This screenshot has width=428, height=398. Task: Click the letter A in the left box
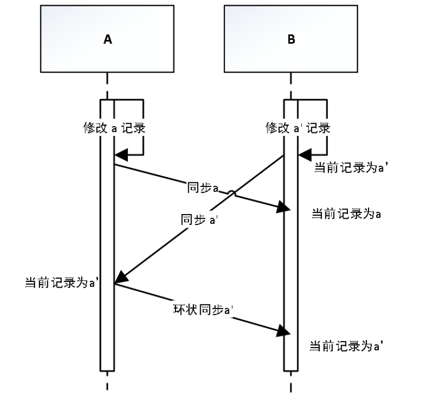[x=107, y=40]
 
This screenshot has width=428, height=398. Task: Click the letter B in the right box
[x=291, y=40]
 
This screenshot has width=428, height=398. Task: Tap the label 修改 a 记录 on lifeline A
[x=114, y=128]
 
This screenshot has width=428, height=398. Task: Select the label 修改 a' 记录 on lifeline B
[x=297, y=128]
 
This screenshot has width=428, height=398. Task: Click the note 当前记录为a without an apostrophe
[x=345, y=214]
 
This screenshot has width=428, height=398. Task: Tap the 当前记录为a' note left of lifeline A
[x=62, y=282]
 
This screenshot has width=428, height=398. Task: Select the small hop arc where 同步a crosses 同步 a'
[x=232, y=194]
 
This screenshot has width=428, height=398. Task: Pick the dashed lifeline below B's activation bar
[x=291, y=383]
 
